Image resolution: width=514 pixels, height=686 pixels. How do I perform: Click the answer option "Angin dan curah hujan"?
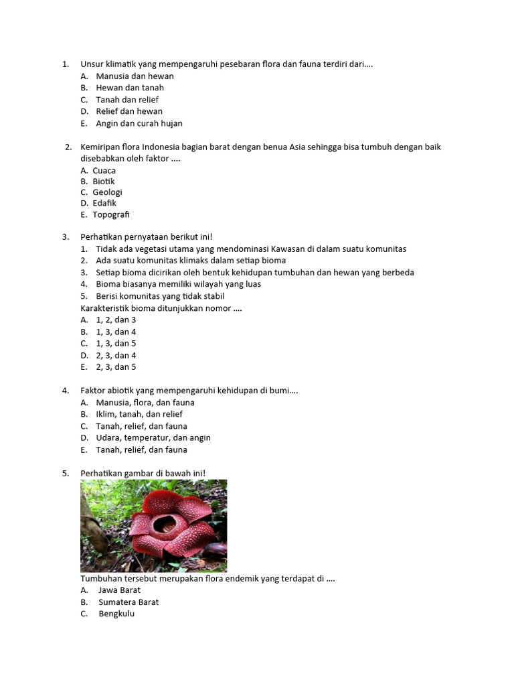(x=139, y=123)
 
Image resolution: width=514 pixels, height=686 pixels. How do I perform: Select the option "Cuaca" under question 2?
(x=104, y=170)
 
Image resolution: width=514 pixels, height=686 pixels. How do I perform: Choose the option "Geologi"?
(x=107, y=192)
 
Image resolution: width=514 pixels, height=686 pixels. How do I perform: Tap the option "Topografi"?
(x=110, y=214)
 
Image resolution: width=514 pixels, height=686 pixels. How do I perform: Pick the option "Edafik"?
(x=104, y=203)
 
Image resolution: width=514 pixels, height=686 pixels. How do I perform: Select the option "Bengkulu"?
(x=116, y=614)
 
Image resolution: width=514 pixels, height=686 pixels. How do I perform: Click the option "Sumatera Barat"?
(x=128, y=602)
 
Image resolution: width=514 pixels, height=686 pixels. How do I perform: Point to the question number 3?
(x=66, y=236)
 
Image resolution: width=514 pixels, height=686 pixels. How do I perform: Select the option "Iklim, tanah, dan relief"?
(x=139, y=414)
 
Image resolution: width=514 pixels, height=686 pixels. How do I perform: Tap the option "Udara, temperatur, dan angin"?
(x=153, y=437)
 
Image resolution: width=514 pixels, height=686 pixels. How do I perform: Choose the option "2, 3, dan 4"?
(x=116, y=355)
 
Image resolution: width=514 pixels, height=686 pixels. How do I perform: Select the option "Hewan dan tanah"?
(x=130, y=88)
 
